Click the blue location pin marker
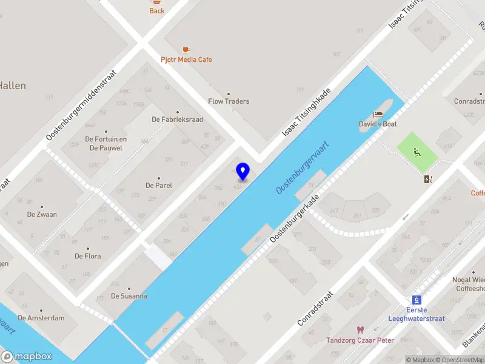243,172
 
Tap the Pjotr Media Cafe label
186,59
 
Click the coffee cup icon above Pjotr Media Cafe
186,50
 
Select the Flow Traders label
229,101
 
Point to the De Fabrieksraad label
177,120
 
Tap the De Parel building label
159,185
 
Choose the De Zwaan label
42,214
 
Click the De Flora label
87,256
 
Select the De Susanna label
129,296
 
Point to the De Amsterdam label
41,318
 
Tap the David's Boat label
377,124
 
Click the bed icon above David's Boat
378,114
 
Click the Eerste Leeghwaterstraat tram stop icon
416,300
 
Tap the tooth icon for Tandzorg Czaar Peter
360,330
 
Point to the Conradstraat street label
316,308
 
